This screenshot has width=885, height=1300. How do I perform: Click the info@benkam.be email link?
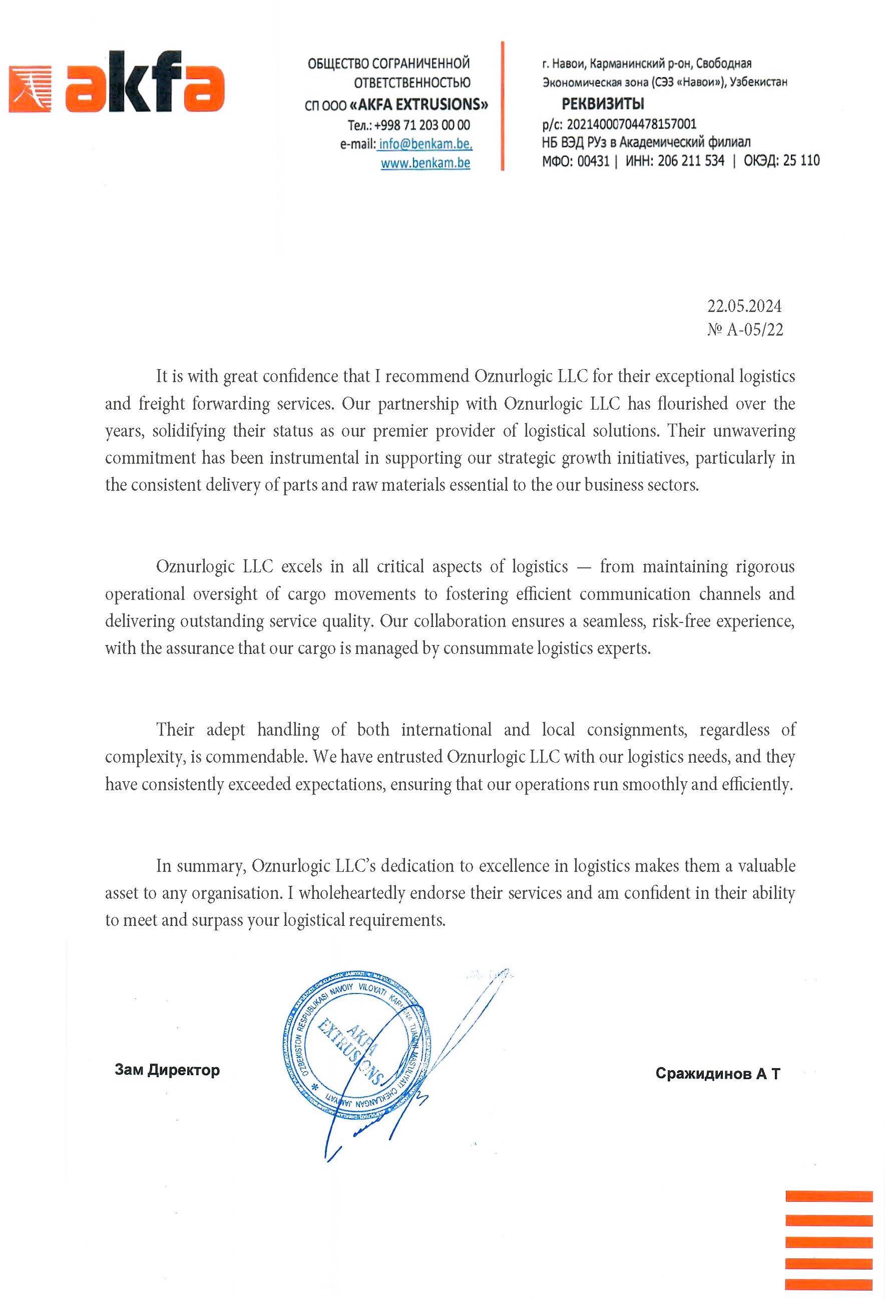tap(425, 144)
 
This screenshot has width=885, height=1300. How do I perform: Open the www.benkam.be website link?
tap(425, 163)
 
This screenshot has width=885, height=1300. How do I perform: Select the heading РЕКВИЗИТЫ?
tap(603, 104)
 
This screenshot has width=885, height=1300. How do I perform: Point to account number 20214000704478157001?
tap(631, 124)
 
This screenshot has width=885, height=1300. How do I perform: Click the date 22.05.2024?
tap(744, 306)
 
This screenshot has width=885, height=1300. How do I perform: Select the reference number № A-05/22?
tap(745, 330)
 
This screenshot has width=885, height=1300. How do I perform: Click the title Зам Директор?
tap(167, 1070)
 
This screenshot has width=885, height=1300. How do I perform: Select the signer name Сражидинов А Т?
tap(717, 1074)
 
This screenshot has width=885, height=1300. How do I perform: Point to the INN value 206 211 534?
tap(691, 161)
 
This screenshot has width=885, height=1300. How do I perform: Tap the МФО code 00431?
tap(593, 161)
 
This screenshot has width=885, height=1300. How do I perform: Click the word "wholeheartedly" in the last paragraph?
tap(352, 893)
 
